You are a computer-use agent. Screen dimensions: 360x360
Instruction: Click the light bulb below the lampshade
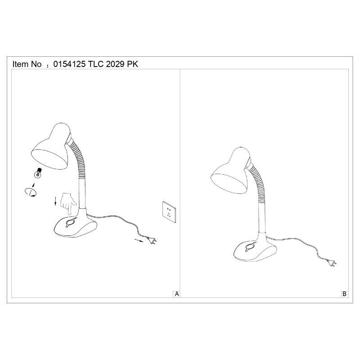tap(38, 173)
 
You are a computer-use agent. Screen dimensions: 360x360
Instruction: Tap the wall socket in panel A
tap(169, 212)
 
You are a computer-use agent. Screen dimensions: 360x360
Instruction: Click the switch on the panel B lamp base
tap(250, 247)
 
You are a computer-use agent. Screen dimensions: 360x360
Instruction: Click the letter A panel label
tap(177, 294)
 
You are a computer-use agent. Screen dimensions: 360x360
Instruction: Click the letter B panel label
tap(344, 294)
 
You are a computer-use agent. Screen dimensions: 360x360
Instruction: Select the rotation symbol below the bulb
tap(30, 192)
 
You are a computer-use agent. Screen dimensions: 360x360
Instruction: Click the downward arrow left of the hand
tap(55, 201)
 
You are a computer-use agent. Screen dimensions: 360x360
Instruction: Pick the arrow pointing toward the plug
tap(139, 240)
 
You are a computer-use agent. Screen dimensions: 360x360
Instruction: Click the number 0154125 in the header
tap(69, 64)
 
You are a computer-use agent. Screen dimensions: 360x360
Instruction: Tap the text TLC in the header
tap(96, 64)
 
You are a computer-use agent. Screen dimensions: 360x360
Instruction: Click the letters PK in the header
tap(133, 64)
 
